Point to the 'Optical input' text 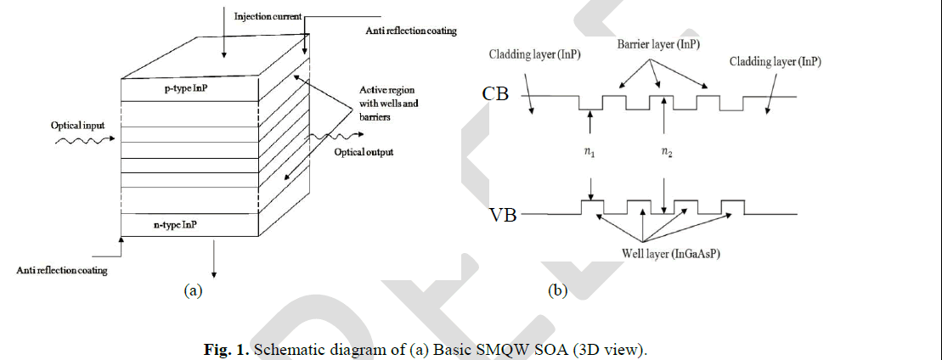(x=77, y=125)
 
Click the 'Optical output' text (x=364, y=153)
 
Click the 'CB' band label (x=495, y=94)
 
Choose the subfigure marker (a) (x=194, y=290)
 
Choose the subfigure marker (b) (x=558, y=290)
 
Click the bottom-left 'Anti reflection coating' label (x=61, y=271)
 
